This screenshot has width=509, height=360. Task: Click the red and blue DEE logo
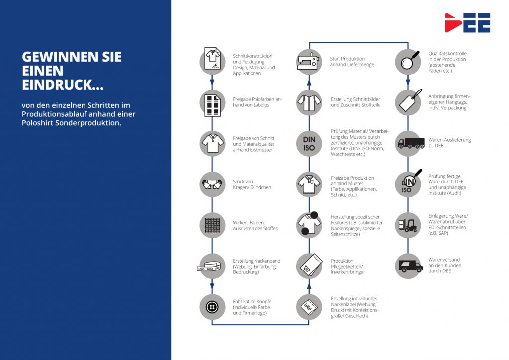tap(467, 23)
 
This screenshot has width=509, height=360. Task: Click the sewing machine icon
tap(309, 61)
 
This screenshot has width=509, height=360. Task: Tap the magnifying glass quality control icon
tap(408, 61)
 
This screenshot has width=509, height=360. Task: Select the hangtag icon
tap(408, 102)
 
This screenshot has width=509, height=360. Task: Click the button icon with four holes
tap(212, 306)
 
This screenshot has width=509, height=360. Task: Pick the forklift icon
tap(408, 225)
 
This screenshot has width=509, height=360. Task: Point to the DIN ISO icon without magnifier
tap(309, 143)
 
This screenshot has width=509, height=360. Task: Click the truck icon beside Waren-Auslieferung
tap(408, 143)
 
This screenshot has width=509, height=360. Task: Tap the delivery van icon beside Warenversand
tap(408, 266)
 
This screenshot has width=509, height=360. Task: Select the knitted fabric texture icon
tap(212, 225)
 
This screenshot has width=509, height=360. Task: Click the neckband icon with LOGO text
tap(212, 266)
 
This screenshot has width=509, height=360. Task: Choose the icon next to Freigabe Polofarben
tap(212, 102)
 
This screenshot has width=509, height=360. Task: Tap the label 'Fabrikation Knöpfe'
tap(252, 301)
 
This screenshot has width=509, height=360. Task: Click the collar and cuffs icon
tap(212, 184)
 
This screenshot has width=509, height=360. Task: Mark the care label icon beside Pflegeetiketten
tap(309, 266)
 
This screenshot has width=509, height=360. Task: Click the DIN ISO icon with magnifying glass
tap(408, 184)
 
